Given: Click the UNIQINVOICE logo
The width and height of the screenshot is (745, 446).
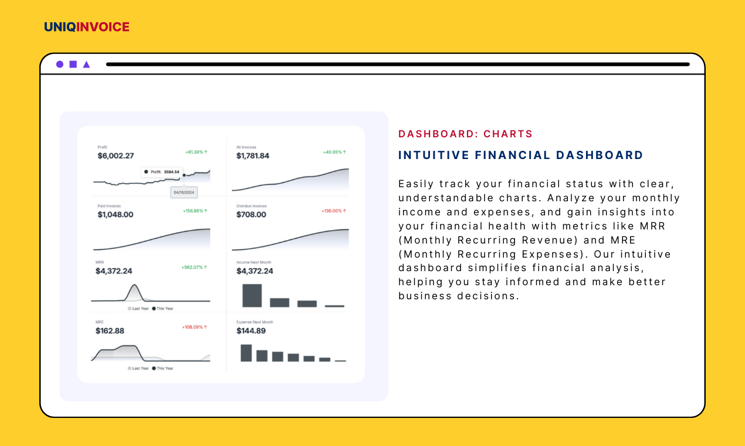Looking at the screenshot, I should (x=87, y=27).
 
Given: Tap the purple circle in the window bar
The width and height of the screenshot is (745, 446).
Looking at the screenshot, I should (x=60, y=65).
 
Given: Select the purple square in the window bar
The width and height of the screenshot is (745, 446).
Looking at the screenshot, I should (x=73, y=65).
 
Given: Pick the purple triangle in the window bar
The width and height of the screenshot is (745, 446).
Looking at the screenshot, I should (x=86, y=65).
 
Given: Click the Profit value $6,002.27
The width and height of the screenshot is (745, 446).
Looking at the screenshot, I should (x=116, y=156).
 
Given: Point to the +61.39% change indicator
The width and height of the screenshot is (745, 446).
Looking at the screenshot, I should (x=197, y=152).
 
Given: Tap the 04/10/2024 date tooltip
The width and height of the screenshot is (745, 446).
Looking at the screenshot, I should (x=184, y=192).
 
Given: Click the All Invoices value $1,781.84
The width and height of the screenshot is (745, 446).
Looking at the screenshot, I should (x=253, y=156).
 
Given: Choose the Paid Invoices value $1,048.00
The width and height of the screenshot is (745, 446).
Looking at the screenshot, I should (x=116, y=215).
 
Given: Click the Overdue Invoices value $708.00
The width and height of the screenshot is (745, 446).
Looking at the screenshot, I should (x=251, y=215).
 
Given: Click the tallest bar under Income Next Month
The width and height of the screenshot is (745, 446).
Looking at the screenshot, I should (x=252, y=295).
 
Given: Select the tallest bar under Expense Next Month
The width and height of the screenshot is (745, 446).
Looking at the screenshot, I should (x=246, y=353).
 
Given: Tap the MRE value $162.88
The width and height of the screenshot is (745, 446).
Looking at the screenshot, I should (x=110, y=331).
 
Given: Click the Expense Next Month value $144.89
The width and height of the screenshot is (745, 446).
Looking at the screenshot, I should (x=251, y=331).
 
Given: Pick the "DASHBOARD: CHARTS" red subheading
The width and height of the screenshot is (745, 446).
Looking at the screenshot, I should (x=465, y=134).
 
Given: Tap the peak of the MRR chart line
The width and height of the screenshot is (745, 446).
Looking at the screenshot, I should (x=135, y=286).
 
